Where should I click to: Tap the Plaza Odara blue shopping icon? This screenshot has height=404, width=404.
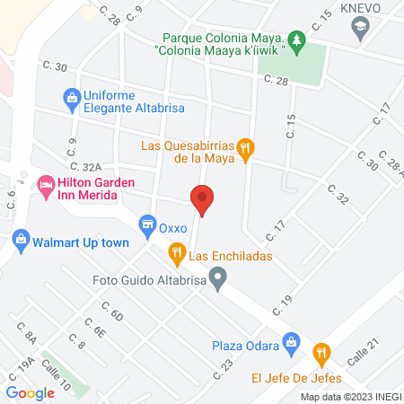point(291,342)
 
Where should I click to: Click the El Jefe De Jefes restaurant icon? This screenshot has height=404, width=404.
point(321,353)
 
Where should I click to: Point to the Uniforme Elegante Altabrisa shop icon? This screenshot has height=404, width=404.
point(69,97)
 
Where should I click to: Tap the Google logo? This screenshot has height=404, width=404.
point(31,392)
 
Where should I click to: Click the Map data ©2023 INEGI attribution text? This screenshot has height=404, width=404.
point(350,397)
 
